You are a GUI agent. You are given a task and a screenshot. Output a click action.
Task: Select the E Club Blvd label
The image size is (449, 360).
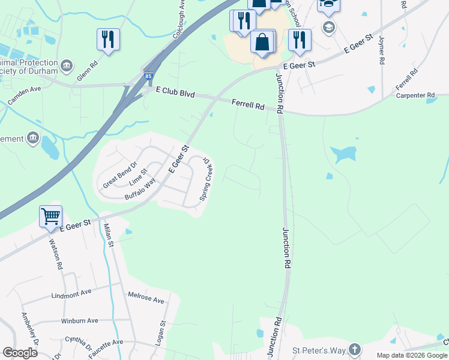coord(175,92)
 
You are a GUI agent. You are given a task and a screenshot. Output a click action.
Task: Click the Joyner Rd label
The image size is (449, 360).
coord(381,50)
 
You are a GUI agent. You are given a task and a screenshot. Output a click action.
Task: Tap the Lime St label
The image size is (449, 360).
coord(139,179)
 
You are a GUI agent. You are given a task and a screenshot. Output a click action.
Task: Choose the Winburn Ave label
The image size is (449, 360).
coord(79,320)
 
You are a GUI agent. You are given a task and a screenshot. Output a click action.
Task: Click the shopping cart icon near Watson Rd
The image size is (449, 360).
coord(50,215)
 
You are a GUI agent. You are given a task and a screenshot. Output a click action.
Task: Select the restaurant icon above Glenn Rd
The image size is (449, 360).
coord(108,39)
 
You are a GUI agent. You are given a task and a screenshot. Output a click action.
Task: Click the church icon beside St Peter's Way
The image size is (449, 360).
coord(355,349)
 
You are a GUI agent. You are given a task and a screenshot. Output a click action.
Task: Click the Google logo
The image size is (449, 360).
coord(20,353)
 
